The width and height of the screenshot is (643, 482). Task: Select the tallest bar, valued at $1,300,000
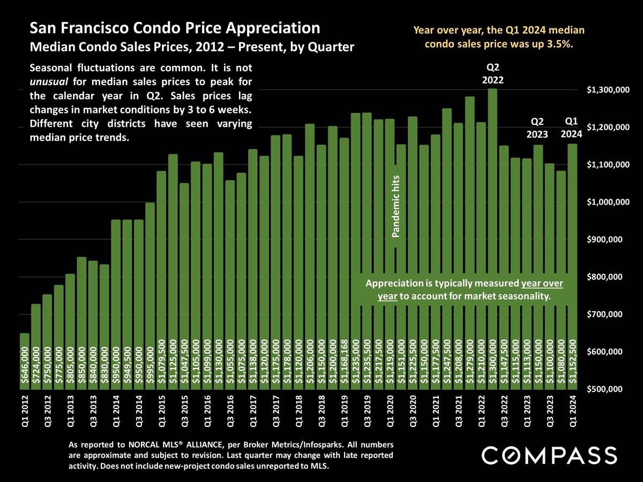point(492,241)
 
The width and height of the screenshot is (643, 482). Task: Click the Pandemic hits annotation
point(397,206)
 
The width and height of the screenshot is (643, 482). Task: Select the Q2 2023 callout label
point(536,128)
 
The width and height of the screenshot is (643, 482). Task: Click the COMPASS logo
point(549,456)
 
